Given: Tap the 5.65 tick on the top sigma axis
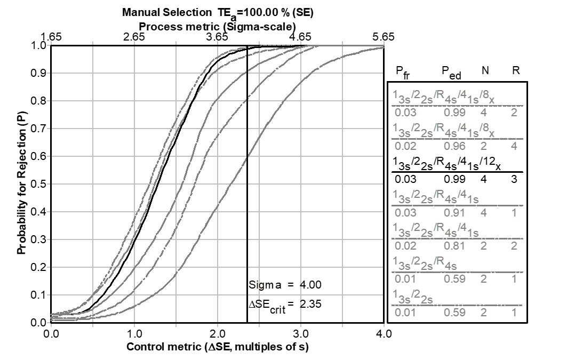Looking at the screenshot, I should coord(384,37).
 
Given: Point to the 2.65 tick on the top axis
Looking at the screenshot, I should coord(134,37).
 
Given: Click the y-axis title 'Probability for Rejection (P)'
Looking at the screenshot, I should coord(21,184).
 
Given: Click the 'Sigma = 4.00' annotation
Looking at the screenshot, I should coord(285,284).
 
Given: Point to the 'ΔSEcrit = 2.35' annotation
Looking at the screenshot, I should coord(285,304).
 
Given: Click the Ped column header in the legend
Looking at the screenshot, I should coord(451,71).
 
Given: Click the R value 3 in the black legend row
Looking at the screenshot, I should coord(514,179).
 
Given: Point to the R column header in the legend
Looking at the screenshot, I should coord(514,70).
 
